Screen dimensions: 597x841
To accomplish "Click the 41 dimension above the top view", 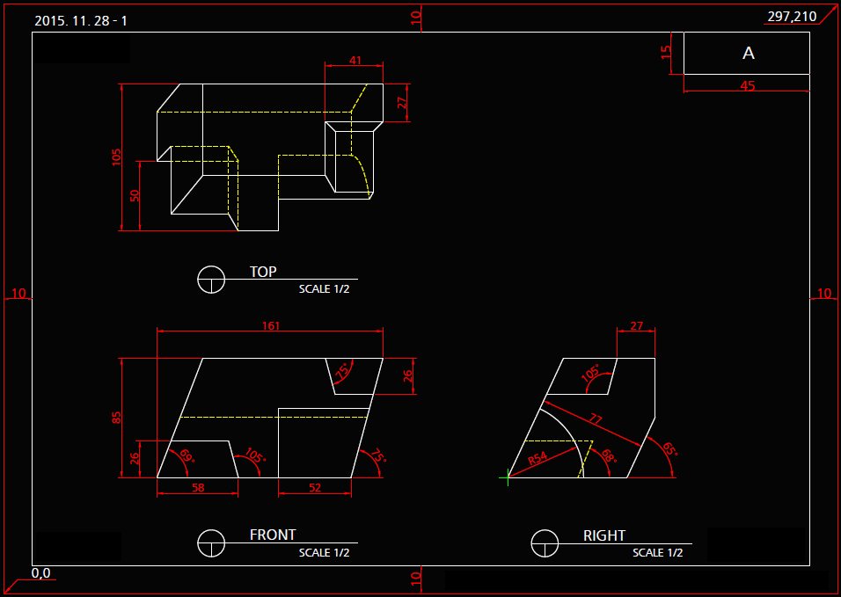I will pos(355,61).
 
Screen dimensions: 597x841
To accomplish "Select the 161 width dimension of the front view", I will pos(271,326).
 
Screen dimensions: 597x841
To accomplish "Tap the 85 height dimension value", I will pos(117,418).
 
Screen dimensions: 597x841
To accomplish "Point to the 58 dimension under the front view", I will pos(198,487).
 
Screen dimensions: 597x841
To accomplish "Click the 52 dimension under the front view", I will pos(315,487).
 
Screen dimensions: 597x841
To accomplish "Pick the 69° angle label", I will pos(186,456).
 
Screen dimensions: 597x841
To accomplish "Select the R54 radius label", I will pos(538,458).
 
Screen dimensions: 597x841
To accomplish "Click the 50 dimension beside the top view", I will pos(135,196).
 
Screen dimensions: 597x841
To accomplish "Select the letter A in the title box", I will pos(749,54).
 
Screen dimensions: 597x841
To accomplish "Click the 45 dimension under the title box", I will pos(748,86).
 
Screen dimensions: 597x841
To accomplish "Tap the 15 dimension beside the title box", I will pos(666,53).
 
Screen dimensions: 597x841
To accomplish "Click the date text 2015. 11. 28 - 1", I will pos(81,20).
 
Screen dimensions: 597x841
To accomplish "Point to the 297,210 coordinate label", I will pos(792,17).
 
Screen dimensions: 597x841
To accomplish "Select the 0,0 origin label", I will pos(41,573).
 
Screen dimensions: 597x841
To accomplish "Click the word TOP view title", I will pos(263,272).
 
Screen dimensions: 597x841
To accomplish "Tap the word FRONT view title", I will pos(273,535).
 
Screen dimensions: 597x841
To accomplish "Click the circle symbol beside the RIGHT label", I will pos(545,543).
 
